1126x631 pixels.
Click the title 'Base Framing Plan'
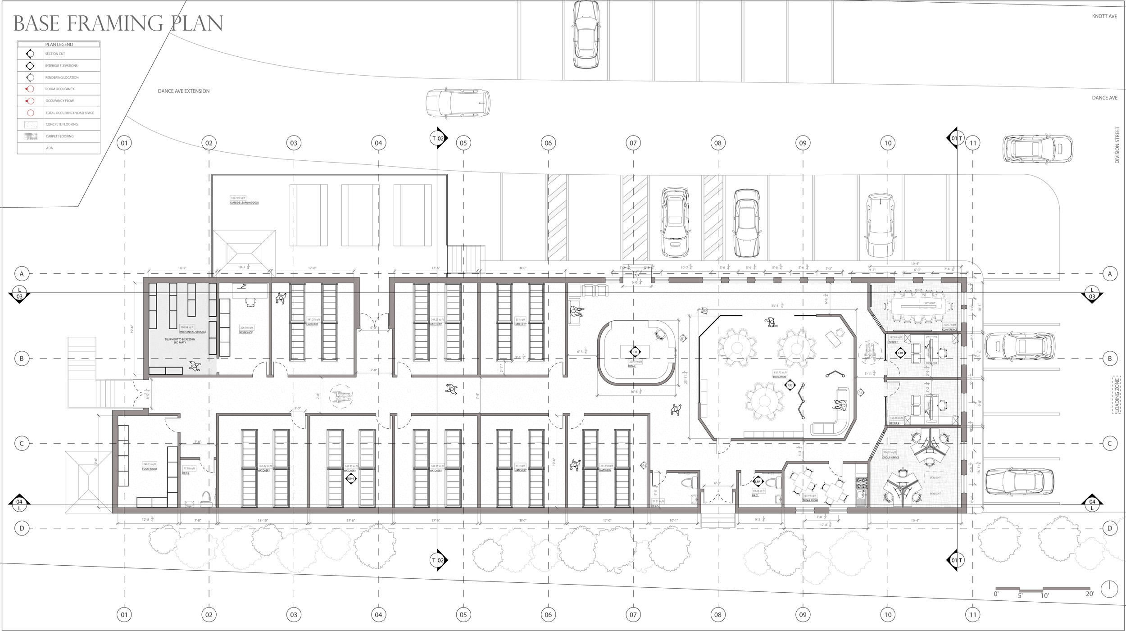[x=118, y=23]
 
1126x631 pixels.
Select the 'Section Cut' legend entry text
[x=55, y=54]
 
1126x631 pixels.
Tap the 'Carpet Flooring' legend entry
[x=59, y=136]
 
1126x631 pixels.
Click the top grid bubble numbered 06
[x=548, y=143]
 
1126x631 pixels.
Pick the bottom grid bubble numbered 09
[x=803, y=614]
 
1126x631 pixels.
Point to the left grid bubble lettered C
[x=21, y=444]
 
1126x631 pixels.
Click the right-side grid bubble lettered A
[x=1110, y=273]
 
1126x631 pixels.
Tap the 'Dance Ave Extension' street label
[x=183, y=91]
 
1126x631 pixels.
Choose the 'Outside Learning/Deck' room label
[x=244, y=203]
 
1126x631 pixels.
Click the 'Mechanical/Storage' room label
[x=193, y=332]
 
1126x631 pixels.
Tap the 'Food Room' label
[x=150, y=469]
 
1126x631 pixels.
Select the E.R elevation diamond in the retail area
[x=635, y=352]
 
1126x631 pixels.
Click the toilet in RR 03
[x=206, y=499]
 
